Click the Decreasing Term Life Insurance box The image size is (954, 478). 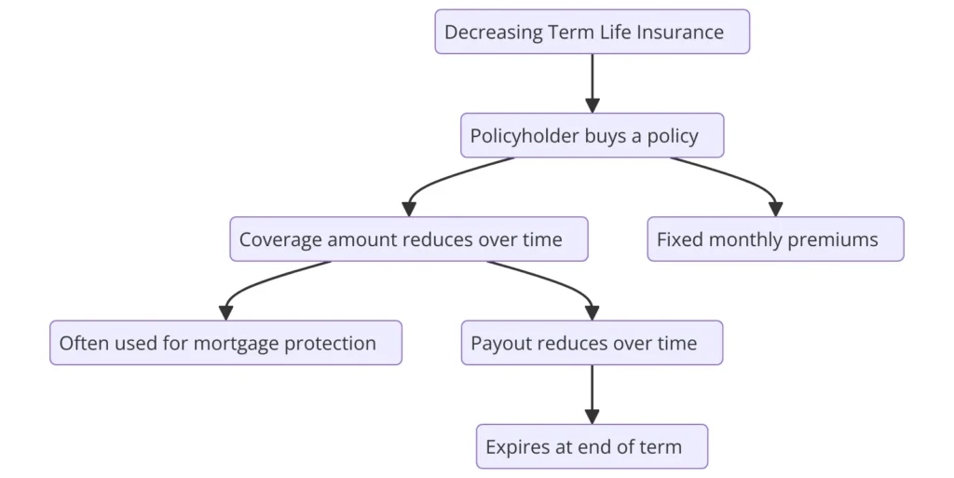pyautogui.click(x=592, y=32)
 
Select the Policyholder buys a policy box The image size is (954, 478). pyautogui.click(x=592, y=135)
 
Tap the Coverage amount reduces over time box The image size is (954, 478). pyautogui.click(x=409, y=239)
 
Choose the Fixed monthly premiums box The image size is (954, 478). pyautogui.click(x=776, y=239)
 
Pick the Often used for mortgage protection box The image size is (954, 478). pyautogui.click(x=225, y=343)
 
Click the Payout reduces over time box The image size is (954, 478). pyautogui.click(x=592, y=343)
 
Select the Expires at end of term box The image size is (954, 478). pyautogui.click(x=592, y=446)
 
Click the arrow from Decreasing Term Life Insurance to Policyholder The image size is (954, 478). pyautogui.click(x=592, y=83)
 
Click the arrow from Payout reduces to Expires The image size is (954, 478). pyautogui.click(x=592, y=395)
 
